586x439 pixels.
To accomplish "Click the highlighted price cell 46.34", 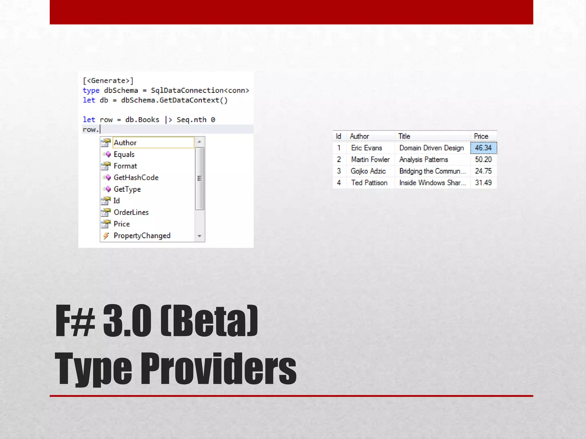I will coord(483,148).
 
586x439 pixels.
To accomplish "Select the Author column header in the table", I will coord(359,136).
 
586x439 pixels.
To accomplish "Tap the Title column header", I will coord(404,136).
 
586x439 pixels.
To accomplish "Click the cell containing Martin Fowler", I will coord(370,159).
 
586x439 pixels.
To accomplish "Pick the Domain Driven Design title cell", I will coord(431,148).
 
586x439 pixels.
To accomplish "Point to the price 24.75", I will coord(483,171).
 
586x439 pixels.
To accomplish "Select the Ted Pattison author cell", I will coord(369,183).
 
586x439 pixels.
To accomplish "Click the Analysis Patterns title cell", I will coord(423,159).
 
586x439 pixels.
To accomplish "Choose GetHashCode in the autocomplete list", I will coord(136,178).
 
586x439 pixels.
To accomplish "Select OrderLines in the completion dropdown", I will coord(131,212).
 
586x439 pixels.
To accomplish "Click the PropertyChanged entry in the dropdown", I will coord(142,236).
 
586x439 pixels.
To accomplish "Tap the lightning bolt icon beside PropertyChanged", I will coord(106,236).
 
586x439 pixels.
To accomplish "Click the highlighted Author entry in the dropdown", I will coord(125,143).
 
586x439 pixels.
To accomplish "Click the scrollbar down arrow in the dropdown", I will coord(199,236).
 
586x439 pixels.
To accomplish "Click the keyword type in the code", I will coord(91,91).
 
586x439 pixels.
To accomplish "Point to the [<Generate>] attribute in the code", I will coord(108,81).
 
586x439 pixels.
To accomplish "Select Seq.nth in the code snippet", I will coord(191,120).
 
